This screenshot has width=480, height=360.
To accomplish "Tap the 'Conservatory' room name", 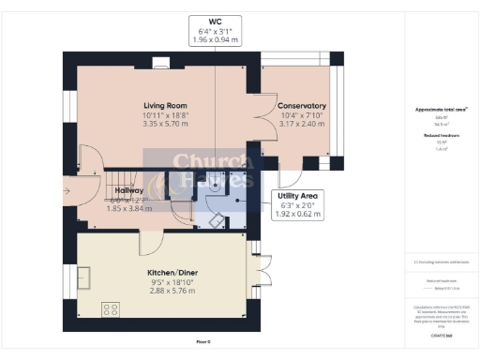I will pyautogui.click(x=302, y=106).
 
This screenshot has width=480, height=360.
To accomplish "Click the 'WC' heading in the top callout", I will pyautogui.click(x=215, y=22).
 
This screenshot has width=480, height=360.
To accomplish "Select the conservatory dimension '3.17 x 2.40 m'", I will pyautogui.click(x=302, y=122).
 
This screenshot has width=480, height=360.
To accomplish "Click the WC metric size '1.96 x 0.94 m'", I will pyautogui.click(x=215, y=41).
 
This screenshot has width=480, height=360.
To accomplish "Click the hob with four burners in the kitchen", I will pyautogui.click(x=110, y=307).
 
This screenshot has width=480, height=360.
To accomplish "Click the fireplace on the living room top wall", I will pyautogui.click(x=160, y=64).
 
